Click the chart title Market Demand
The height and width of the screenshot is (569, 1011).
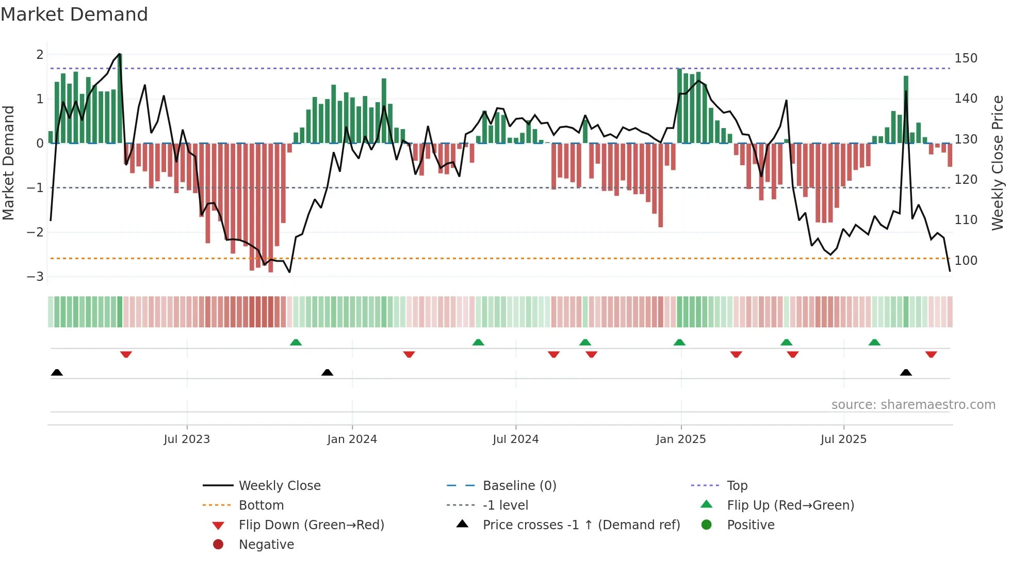pos(74,14)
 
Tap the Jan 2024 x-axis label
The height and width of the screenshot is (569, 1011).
pos(352,439)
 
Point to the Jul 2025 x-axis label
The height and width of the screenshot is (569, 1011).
pos(843,439)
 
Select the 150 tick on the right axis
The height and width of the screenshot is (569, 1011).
pos(966,58)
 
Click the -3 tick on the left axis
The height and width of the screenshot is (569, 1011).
pos(36,277)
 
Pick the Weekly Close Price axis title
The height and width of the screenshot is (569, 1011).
pos(998,163)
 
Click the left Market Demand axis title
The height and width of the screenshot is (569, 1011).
pos(8,163)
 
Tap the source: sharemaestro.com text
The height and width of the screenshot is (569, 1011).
pos(913,405)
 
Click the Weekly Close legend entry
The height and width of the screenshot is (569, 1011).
pos(279,486)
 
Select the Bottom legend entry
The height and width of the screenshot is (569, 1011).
pos(261,505)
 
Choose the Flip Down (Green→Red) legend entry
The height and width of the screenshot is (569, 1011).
pos(311,525)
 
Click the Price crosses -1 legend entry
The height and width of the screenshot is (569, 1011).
pos(581,525)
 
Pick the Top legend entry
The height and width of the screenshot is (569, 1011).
pos(737,486)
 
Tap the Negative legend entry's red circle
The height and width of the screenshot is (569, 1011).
pos(218,545)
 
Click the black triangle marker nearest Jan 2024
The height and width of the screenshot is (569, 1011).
pos(327,372)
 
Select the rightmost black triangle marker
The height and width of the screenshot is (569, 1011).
pos(906,372)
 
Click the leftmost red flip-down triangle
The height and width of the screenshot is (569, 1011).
pos(126,354)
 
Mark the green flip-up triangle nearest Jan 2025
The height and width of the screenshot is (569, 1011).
pos(679,342)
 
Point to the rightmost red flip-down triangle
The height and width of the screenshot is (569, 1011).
pos(931,354)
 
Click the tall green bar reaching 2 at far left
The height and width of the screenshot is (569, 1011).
pos(120,98)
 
